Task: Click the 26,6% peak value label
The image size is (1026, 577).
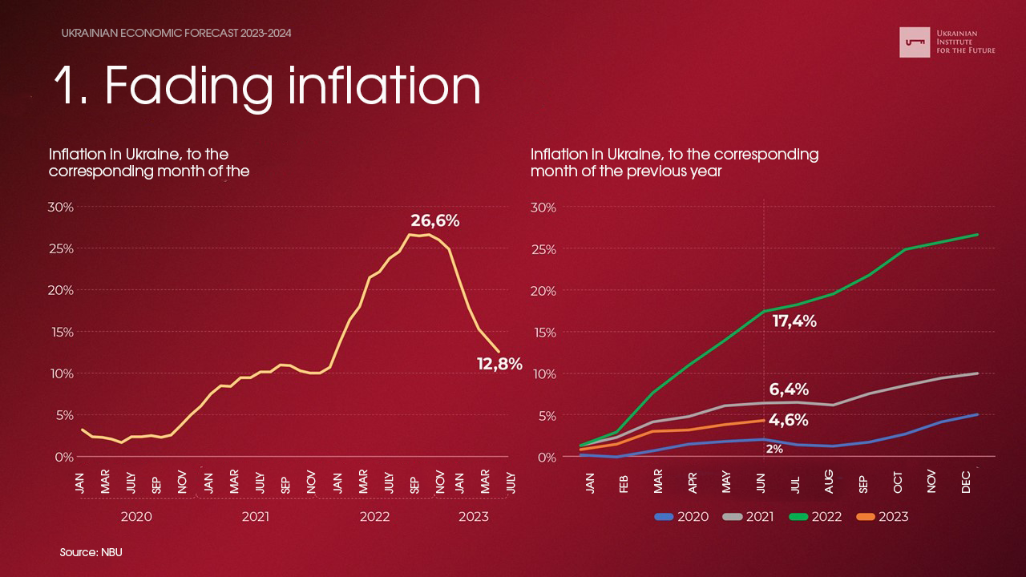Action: (434, 220)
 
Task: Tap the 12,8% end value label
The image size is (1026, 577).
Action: (499, 364)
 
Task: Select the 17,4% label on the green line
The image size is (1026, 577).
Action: (794, 321)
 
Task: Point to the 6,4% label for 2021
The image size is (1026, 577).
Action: (789, 389)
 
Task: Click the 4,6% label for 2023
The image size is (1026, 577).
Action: (788, 420)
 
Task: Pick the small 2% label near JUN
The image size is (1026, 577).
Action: (774, 450)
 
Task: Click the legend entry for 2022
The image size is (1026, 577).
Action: (818, 517)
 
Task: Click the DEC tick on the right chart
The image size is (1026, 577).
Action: (966, 482)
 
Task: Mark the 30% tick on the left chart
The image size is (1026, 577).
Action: (61, 207)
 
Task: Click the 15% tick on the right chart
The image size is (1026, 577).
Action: (543, 333)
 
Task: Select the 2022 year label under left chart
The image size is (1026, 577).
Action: (374, 517)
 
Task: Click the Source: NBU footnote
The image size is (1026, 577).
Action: (91, 553)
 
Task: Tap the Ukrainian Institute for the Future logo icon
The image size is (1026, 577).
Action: (915, 42)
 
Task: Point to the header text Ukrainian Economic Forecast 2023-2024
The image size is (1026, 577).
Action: (176, 34)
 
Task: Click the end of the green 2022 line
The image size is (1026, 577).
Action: (978, 234)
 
